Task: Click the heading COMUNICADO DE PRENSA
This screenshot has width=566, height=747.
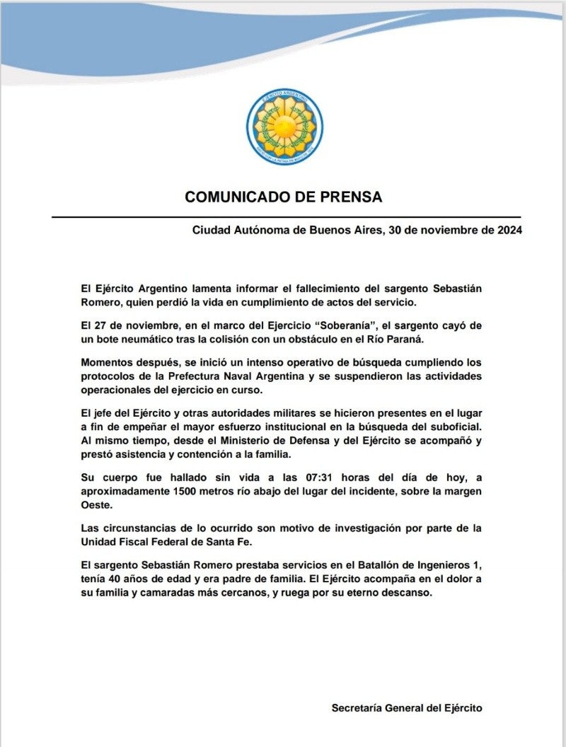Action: coord(283,197)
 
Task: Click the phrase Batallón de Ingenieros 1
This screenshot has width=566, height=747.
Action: coord(411,567)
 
